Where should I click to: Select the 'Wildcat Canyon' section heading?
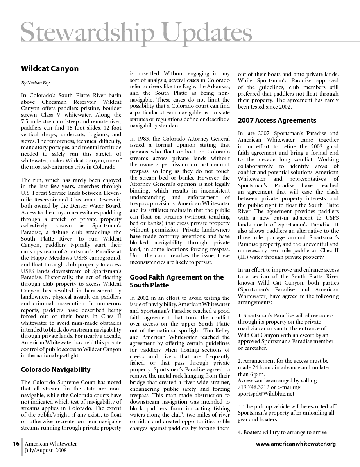[x=50, y=69]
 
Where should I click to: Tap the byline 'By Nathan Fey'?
[x=35, y=83]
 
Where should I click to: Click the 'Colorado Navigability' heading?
[x=56, y=369]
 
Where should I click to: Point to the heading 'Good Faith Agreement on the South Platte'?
[x=177, y=281]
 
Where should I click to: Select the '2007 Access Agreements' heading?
[x=277, y=120]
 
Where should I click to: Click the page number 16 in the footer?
[x=16, y=444]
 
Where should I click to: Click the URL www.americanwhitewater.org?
[x=296, y=444]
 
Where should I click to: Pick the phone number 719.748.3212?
[x=254, y=387]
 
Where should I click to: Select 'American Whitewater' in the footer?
[x=51, y=444]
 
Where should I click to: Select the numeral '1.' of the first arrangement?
[x=240, y=315]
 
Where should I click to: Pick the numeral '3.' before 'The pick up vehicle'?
[x=240, y=406]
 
